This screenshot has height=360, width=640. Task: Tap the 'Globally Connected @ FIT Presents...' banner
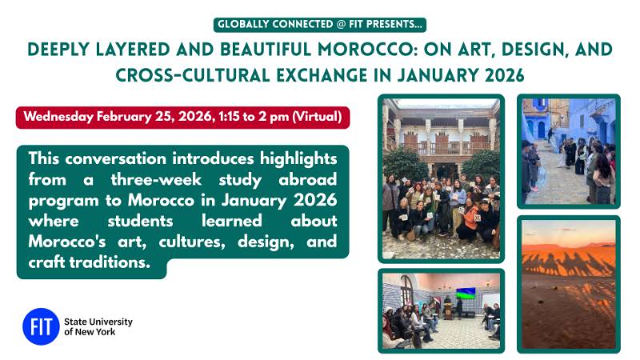320,25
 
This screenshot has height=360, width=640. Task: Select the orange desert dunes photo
568,283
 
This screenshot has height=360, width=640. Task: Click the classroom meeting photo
441,310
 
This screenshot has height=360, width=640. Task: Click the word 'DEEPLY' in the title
66,50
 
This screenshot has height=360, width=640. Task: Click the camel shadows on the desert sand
568,264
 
